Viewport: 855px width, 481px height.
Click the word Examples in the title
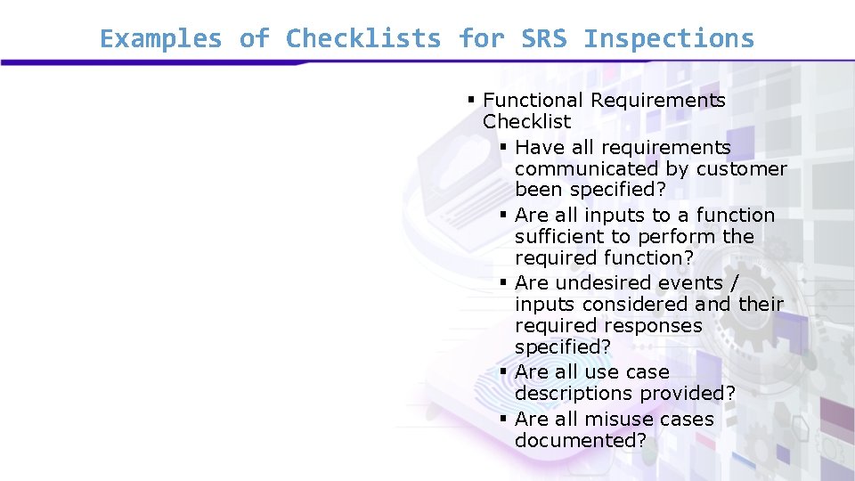click(160, 39)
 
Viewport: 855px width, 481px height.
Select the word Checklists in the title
click(363, 39)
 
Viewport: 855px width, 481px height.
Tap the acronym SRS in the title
click(543, 39)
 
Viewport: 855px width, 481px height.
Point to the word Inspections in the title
click(669, 39)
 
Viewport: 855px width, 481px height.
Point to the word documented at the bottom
click(580, 440)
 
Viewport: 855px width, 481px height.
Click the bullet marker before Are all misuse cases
click(503, 419)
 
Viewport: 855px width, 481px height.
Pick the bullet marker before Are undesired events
click(503, 282)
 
